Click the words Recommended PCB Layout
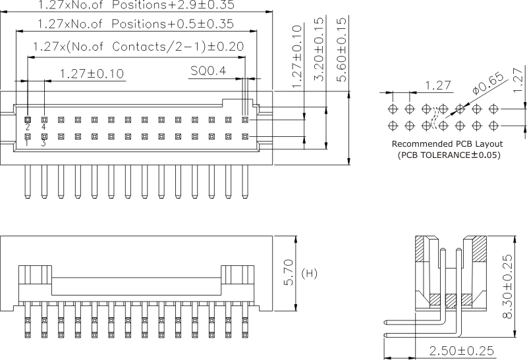click(447, 143)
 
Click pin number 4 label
click(44, 127)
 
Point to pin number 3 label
click(43, 143)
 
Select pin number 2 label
click(28, 127)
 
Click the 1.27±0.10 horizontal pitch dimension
click(91, 73)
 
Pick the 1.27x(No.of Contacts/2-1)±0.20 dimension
click(138, 47)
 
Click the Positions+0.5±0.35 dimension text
click(135, 24)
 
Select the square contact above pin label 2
click(28, 120)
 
